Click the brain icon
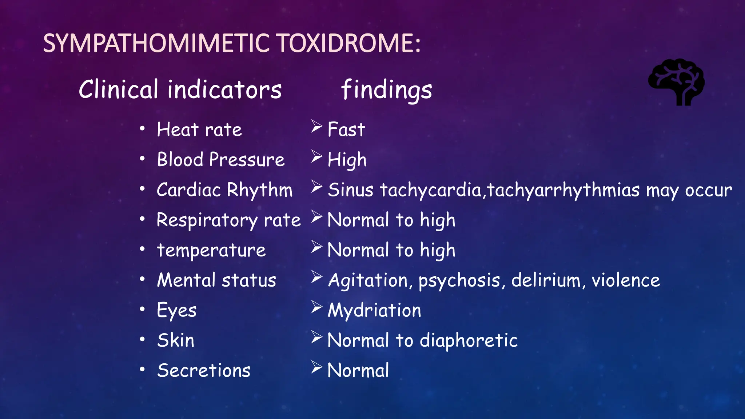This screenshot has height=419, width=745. point(676,82)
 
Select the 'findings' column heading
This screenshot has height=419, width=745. point(386,90)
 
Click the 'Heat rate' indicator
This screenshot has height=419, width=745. point(199,129)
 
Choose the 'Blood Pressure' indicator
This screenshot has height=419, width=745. point(220,160)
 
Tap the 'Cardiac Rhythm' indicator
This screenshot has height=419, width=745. point(224,190)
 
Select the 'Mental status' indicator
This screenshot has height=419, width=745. point(216,280)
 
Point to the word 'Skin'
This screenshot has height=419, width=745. point(176,340)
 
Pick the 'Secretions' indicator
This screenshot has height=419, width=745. point(204,371)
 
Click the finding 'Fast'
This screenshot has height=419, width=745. point(346,129)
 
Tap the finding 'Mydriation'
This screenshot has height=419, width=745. point(374,311)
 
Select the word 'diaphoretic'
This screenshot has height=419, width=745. point(469,341)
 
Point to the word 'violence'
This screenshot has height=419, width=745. point(626,280)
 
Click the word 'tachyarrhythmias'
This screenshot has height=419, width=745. point(563,190)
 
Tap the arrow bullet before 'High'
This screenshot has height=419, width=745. point(316,157)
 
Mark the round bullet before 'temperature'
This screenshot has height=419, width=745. point(142,250)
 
